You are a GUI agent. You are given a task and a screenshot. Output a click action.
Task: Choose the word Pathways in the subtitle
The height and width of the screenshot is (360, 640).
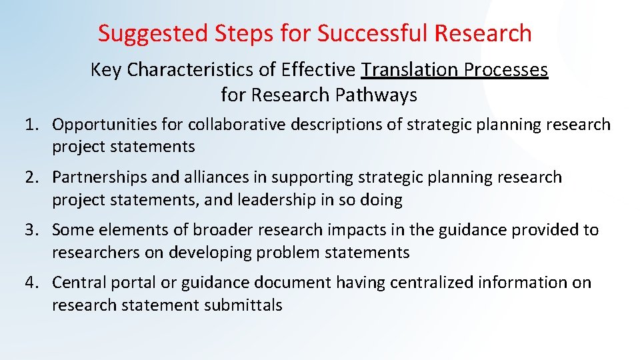377,95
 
